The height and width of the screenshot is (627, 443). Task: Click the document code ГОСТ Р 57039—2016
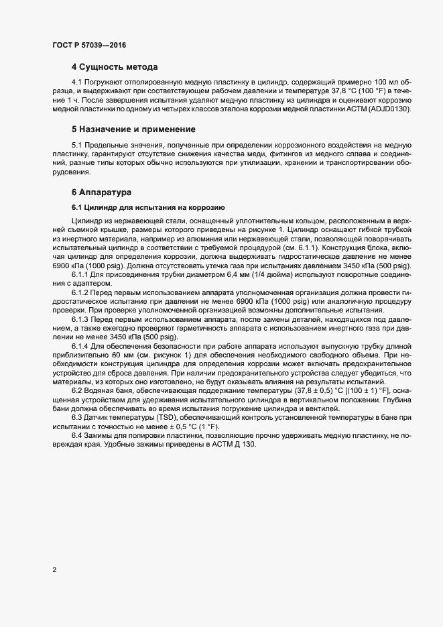tap(88, 45)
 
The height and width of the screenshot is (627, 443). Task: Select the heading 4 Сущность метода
tap(115, 68)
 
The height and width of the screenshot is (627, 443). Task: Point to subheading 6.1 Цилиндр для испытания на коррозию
tap(151, 207)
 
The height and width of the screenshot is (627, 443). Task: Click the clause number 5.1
tap(78, 145)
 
